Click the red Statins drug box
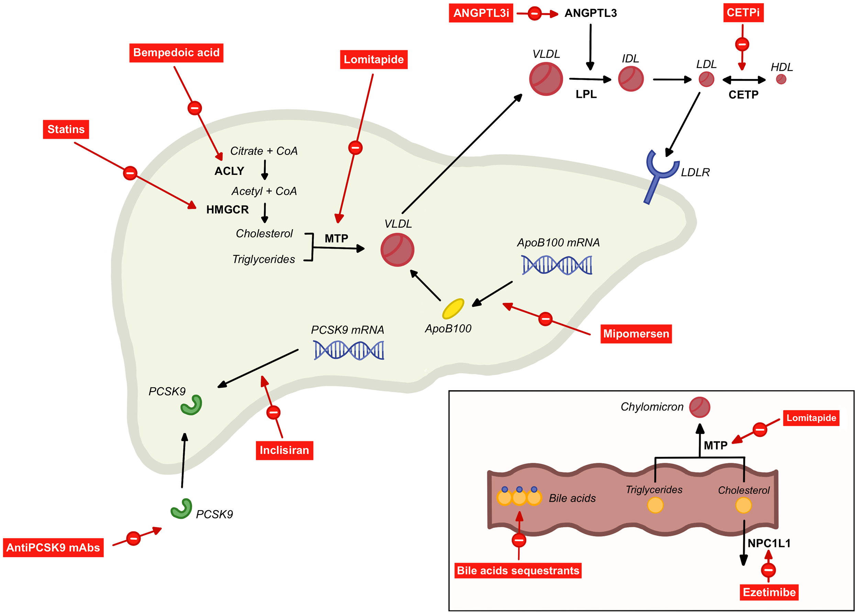[66, 130]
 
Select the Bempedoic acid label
[176, 53]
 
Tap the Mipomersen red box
[636, 334]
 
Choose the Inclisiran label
[285, 450]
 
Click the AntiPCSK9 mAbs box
[53, 548]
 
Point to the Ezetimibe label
[769, 592]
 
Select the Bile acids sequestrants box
[518, 570]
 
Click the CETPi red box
[743, 12]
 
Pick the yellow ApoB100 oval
[453, 309]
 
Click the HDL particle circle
[781, 79]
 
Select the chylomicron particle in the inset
[700, 407]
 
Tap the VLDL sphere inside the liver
[397, 250]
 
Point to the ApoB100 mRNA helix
[556, 265]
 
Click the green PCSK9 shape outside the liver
[181, 508]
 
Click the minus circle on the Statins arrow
[130, 173]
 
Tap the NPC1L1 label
[769, 543]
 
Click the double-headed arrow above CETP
[744, 80]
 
